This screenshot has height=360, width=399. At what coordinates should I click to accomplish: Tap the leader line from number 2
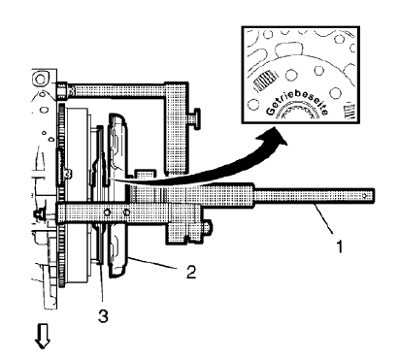pos(165,263)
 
